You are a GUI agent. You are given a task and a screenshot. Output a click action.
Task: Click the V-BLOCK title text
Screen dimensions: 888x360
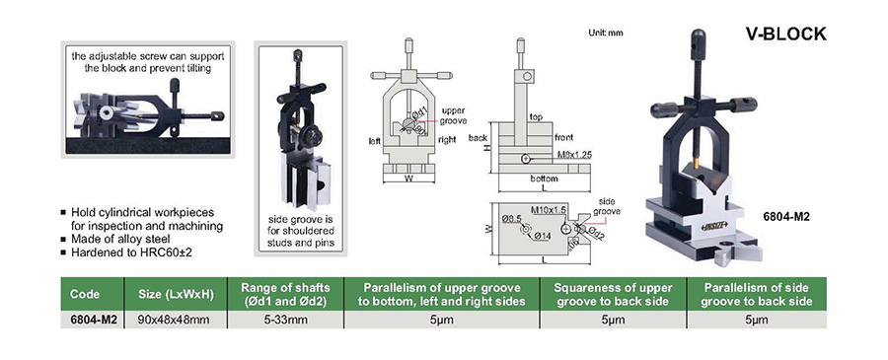pyautogui.click(x=785, y=34)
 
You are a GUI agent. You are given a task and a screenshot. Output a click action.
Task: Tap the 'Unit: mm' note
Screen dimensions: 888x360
pyautogui.click(x=606, y=33)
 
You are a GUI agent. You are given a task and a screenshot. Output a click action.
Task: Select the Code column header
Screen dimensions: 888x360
pyautogui.click(x=85, y=294)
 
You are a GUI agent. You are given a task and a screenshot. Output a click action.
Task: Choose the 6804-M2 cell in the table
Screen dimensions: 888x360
pyautogui.click(x=93, y=321)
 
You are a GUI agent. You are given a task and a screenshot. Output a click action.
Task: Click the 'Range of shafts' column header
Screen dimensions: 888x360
pyautogui.click(x=285, y=294)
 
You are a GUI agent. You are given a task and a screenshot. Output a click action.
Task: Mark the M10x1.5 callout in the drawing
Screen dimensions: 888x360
pyautogui.click(x=549, y=209)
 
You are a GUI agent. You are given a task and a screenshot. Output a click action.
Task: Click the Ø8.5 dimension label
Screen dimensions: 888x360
pyautogui.click(x=511, y=217)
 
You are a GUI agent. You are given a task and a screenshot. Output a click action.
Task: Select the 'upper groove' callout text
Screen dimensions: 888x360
pyautogui.click(x=454, y=116)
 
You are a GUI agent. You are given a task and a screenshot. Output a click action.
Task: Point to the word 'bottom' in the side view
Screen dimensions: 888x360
pyautogui.click(x=544, y=179)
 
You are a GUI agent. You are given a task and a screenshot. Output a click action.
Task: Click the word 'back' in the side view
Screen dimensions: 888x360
pyautogui.click(x=479, y=138)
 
